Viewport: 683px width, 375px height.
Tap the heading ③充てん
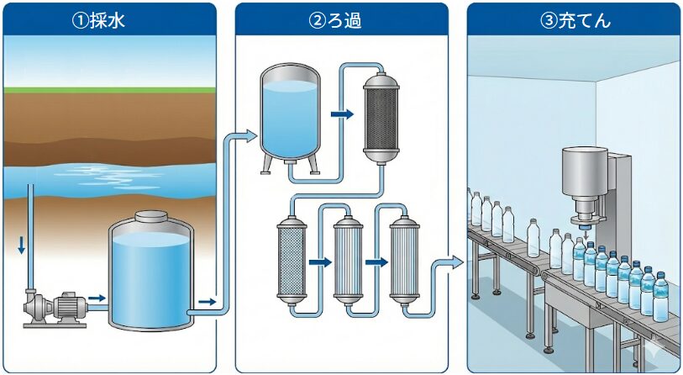point(575,19)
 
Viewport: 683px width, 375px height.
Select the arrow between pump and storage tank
point(97,298)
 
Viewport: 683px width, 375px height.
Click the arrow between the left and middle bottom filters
point(319,262)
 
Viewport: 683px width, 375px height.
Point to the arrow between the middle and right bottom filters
point(376,262)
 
